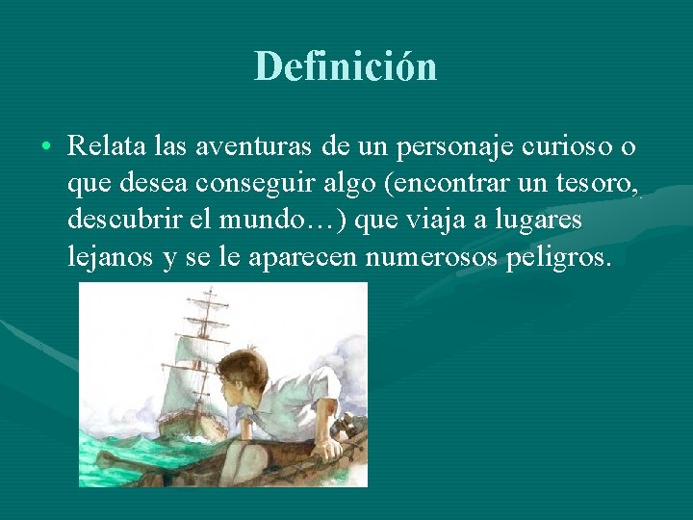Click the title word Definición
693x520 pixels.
click(x=346, y=66)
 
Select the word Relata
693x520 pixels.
click(x=101, y=146)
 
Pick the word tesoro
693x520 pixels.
click(x=594, y=183)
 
